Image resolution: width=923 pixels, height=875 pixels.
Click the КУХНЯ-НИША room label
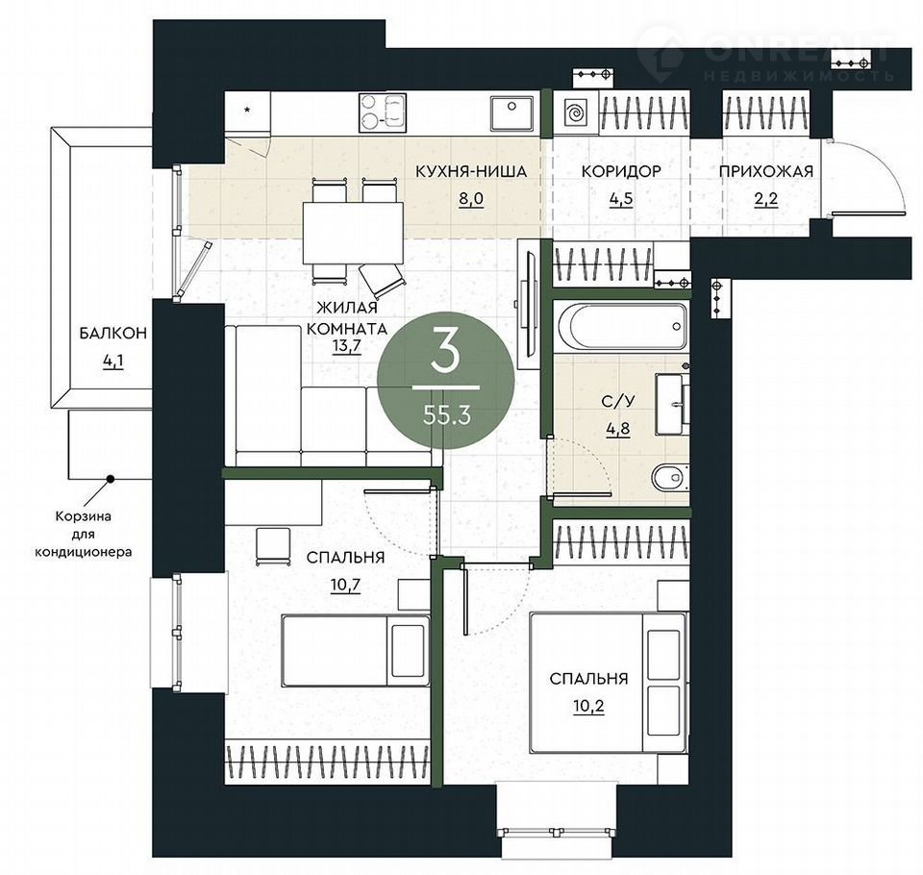coord(471,171)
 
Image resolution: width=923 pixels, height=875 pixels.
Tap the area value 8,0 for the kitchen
coord(471,198)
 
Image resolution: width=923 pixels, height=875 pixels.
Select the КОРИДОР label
coord(621,171)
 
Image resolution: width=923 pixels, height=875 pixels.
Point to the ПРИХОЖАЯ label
coord(766,171)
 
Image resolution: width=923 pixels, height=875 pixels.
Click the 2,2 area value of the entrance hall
coord(766,198)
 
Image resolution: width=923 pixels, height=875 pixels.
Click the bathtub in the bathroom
coord(622,326)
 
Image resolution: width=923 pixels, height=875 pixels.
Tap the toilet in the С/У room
coord(670,476)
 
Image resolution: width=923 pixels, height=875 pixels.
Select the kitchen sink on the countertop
coord(511,113)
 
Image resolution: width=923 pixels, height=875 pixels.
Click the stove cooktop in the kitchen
coord(383,112)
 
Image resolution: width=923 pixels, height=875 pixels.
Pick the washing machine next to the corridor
coord(576,112)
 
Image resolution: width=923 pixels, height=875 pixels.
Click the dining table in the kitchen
coord(353,233)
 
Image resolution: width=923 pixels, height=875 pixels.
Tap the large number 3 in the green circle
coord(444,350)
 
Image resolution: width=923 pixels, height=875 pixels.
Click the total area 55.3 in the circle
coord(447,416)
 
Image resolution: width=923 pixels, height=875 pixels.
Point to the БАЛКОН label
coord(113,334)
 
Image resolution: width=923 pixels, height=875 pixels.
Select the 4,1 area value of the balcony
coord(113,361)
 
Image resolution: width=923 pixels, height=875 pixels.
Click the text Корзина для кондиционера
coord(83,534)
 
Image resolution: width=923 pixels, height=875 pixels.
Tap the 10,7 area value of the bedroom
coord(345,586)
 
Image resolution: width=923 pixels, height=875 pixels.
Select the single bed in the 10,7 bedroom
coord(356,651)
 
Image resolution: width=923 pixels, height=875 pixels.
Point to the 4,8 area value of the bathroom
coord(618,428)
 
